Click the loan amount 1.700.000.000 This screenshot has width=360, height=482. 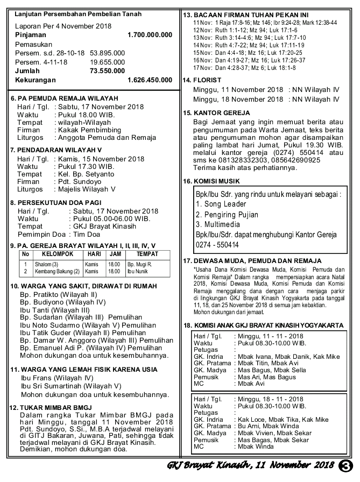150,34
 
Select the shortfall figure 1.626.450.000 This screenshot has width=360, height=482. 150,80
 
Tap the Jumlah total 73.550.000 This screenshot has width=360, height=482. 108,70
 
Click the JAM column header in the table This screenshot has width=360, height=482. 114,253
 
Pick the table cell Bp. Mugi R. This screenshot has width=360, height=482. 139,264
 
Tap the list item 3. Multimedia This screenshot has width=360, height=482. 221,224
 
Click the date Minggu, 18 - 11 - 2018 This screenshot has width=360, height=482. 269,399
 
